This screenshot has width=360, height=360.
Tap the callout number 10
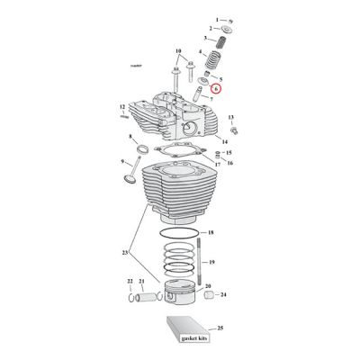[x=178, y=50]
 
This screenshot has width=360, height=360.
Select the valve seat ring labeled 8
[x=144, y=149]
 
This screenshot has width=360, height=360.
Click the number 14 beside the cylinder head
[x=223, y=142]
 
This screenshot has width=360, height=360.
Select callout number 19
[x=211, y=262]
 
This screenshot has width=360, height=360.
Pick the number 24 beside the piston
[x=223, y=294]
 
